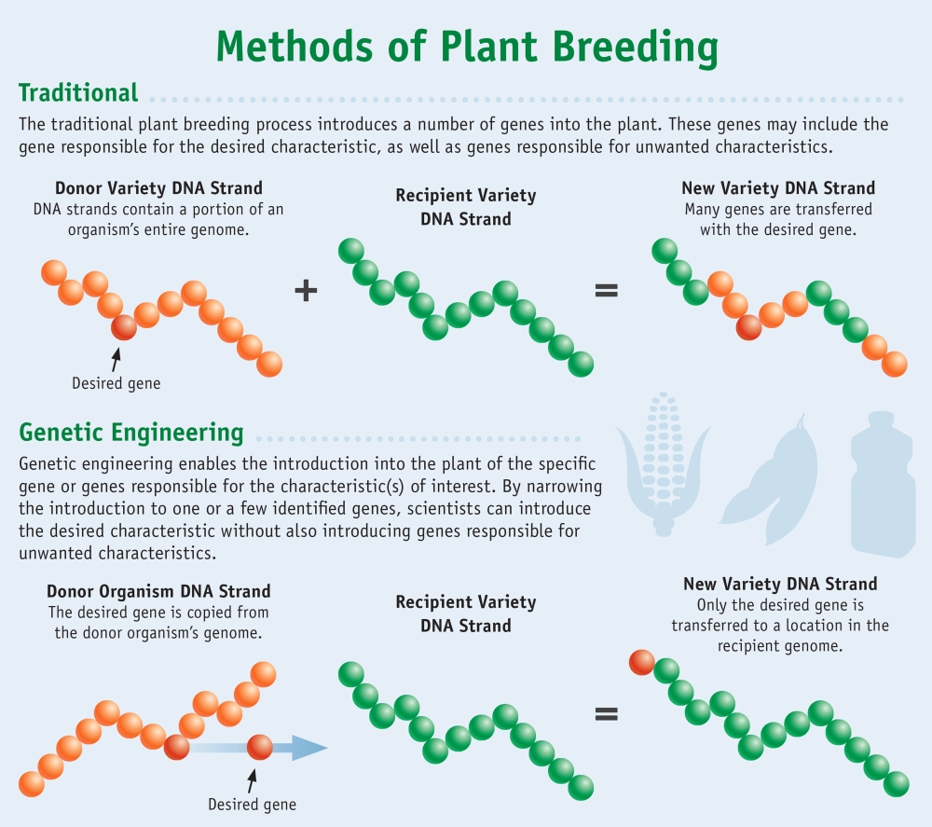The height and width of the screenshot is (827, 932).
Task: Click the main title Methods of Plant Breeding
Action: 466,47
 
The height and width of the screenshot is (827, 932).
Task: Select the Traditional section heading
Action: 78,92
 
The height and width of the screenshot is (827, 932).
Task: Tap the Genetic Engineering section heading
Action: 130,433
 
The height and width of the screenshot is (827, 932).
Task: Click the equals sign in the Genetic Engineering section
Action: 606,714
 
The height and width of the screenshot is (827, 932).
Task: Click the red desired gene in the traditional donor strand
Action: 123,327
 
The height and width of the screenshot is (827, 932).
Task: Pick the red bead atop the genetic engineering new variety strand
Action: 641,662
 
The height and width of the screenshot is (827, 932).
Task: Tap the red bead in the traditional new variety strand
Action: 747,326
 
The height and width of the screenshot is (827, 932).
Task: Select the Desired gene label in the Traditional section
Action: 116,383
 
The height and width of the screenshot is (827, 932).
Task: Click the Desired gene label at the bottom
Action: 252,804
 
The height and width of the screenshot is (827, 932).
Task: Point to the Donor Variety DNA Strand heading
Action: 158,188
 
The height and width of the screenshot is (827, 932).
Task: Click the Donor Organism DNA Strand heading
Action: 158,591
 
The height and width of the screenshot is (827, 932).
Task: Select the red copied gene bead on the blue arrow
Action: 260,747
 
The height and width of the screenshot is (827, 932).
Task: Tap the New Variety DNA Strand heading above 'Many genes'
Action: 778,188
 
